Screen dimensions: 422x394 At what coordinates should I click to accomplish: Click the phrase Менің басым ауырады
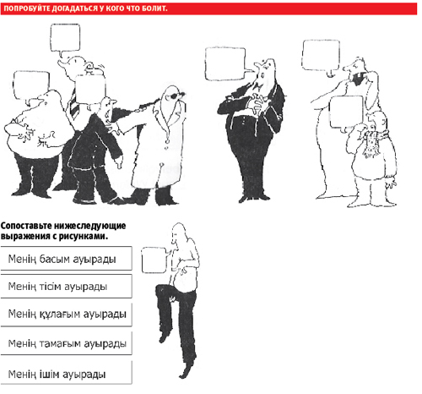click(62, 259)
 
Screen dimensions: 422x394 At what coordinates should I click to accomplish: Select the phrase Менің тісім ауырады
click(57, 287)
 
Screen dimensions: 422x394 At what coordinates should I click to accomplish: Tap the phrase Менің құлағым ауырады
click(67, 314)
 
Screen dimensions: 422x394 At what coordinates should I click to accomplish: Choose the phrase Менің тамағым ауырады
click(67, 343)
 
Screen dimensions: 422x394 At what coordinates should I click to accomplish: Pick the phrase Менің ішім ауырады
click(57, 375)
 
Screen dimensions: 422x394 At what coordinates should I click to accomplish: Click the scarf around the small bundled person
click(373, 141)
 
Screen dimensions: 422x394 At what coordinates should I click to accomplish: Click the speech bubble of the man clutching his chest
click(226, 63)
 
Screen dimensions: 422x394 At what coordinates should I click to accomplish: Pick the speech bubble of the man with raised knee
click(155, 260)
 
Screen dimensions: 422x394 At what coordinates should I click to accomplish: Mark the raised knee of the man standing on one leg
click(163, 289)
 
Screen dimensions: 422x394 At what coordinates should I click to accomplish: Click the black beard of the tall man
click(357, 78)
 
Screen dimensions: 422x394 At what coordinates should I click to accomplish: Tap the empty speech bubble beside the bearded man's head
click(321, 57)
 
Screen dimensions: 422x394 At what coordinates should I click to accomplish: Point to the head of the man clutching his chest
click(265, 69)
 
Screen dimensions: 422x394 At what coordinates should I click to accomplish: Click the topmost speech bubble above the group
click(65, 39)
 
